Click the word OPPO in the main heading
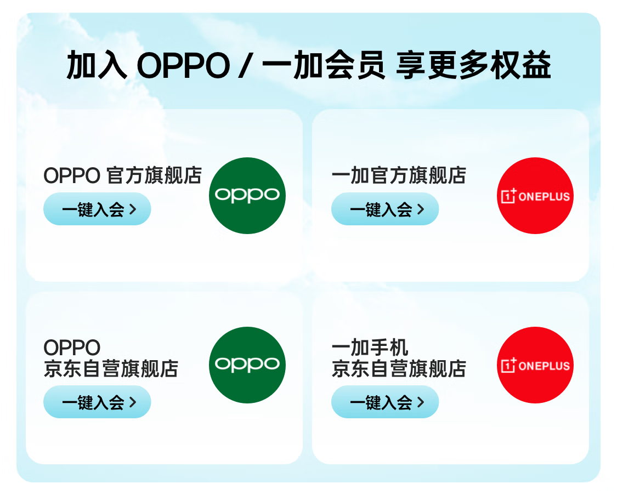pos(183,65)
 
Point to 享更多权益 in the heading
pos(473,65)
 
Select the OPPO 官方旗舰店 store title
pos(123,175)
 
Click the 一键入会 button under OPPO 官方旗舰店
pos(97,209)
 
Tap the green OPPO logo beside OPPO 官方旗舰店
pos(247,195)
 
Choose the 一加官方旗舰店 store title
pos(399,175)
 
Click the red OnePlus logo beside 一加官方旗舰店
pos(535,195)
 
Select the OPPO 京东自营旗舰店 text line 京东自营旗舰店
pos(111,368)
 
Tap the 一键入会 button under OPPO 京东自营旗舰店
pos(97,402)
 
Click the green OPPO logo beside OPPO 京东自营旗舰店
pos(247,365)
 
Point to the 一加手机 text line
pos(370,348)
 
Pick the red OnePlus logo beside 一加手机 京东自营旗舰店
pos(535,365)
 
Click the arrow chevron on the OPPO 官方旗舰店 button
pos(133,209)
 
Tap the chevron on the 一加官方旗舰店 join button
pos(421,209)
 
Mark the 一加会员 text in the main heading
pos(324,65)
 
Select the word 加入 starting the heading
pos(97,65)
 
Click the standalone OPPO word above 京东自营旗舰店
pos(72,348)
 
